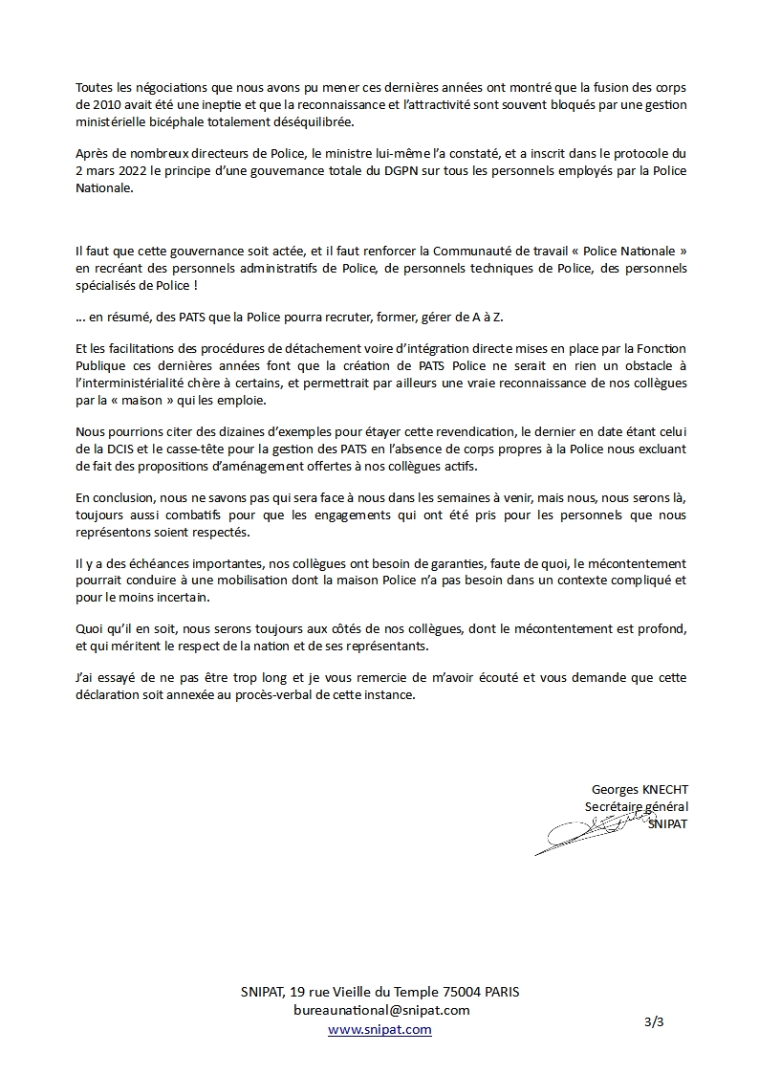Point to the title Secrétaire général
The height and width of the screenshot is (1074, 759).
(x=635, y=807)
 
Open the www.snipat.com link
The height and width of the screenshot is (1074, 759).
(x=379, y=1029)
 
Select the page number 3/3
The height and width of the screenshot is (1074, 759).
(x=654, y=1021)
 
